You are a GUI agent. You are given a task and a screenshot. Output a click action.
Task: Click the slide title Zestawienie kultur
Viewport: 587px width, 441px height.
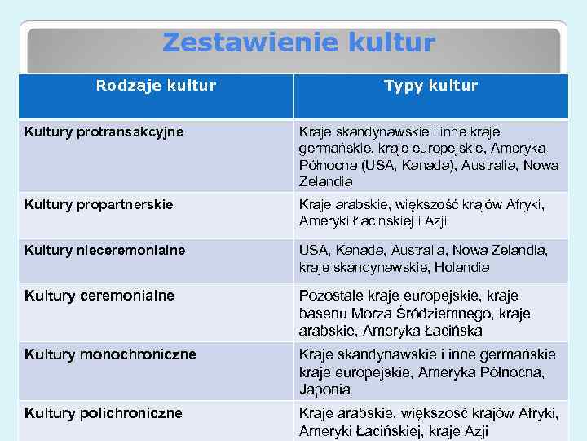coord(298,42)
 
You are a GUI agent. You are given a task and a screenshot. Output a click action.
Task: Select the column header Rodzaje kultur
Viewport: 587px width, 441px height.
coord(156,86)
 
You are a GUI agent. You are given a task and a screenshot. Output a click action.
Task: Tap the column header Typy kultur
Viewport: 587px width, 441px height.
coord(430,86)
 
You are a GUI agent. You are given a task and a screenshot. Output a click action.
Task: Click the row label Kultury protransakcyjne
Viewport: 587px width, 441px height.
coord(104,131)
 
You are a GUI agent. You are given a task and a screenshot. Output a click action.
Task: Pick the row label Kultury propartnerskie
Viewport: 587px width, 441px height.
coord(99,204)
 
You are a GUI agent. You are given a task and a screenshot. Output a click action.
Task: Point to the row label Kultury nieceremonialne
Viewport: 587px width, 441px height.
coord(104,250)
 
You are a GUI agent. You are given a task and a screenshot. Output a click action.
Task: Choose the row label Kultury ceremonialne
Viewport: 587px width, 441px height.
coord(99,296)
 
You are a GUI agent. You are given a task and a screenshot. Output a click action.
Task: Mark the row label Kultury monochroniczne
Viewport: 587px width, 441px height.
coord(110,354)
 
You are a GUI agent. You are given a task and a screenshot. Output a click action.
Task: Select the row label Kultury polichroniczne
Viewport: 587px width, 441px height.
coord(104,413)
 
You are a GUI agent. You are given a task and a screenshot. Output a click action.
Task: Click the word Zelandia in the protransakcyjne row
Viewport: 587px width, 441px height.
coord(326,181)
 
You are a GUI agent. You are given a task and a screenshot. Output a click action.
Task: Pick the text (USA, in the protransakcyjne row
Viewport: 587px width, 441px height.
coord(377,165)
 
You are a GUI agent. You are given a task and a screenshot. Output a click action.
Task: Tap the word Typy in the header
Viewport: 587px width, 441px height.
coord(401,86)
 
